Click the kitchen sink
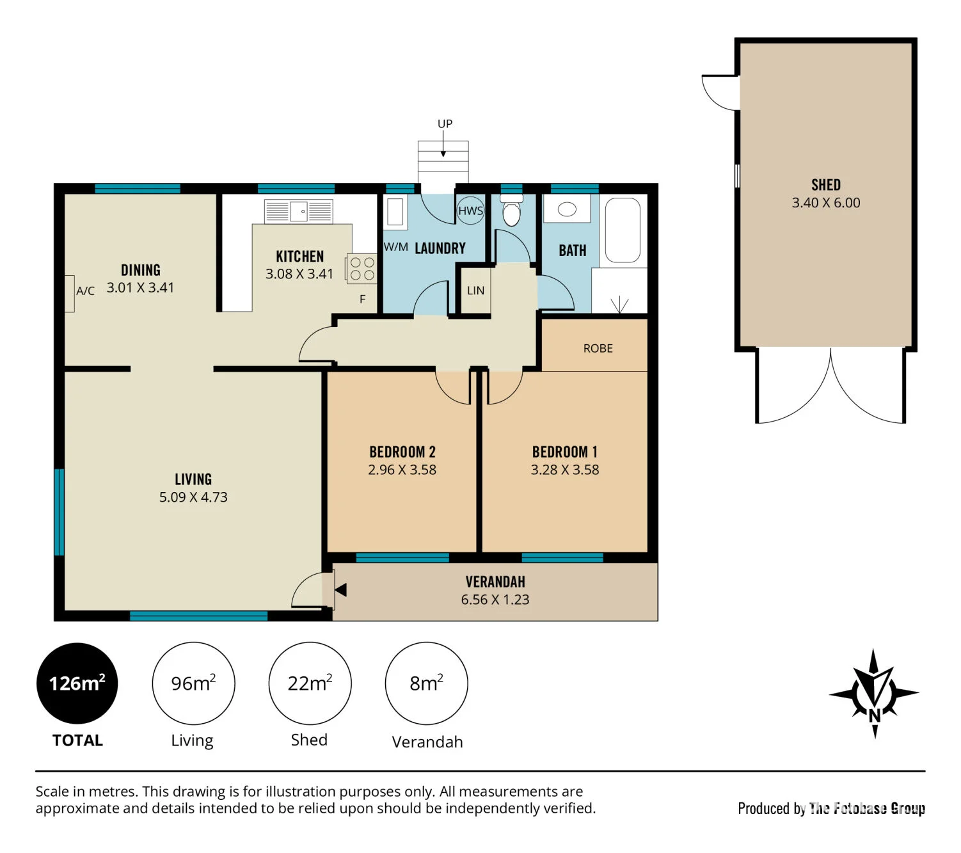[298, 211]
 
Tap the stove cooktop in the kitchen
[362, 269]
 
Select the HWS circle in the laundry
[470, 211]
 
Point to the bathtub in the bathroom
[623, 230]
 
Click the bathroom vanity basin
[567, 209]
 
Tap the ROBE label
[598, 349]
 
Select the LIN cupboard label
[475, 291]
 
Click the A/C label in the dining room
[85, 291]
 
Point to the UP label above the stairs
[445, 124]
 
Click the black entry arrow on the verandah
[340, 590]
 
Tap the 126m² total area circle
[77, 683]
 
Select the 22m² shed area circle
[310, 683]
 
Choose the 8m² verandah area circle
[426, 683]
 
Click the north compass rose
[874, 693]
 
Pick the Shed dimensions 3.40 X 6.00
[825, 203]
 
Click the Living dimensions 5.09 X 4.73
[193, 497]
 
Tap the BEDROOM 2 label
[402, 452]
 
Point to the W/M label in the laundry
[395, 247]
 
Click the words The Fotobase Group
[867, 808]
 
